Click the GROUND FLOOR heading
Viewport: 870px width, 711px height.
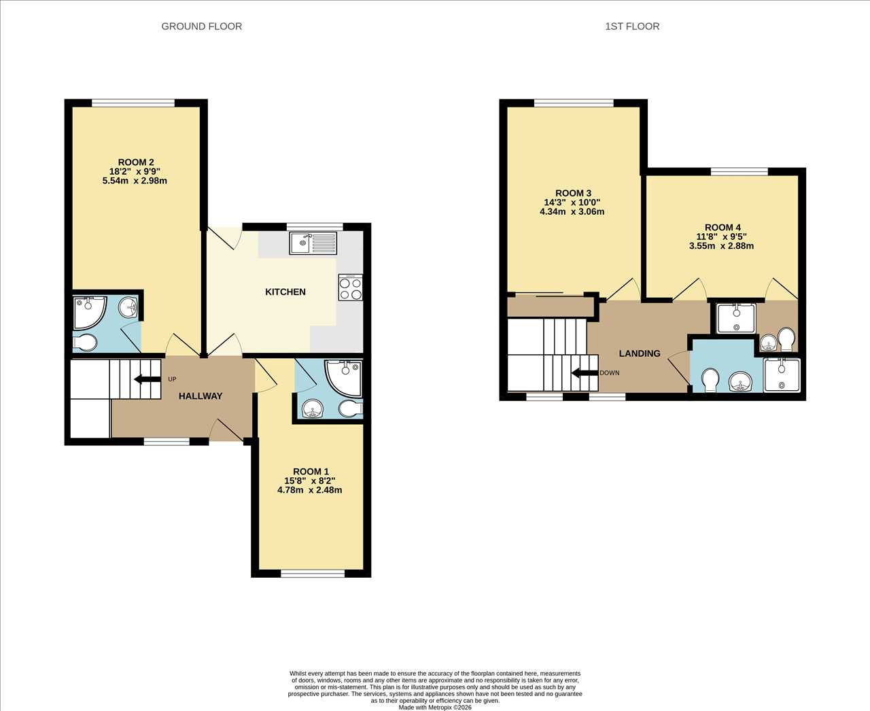[201, 27]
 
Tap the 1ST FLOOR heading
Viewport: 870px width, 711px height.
[632, 27]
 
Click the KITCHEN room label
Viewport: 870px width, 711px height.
[285, 292]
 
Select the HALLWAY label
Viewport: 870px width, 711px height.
[201, 396]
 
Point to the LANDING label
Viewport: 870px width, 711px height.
[640, 353]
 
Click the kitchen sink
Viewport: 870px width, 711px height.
[313, 243]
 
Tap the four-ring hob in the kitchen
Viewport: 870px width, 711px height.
[351, 288]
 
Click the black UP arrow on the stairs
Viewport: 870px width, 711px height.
[147, 379]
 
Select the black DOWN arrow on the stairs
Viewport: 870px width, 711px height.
[585, 373]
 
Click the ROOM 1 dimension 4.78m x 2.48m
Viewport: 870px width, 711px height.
[310, 490]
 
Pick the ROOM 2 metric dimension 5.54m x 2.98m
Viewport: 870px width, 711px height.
[135, 181]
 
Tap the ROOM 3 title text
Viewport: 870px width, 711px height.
[574, 193]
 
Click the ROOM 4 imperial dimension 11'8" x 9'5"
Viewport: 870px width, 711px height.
[722, 237]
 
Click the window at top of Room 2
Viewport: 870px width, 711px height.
[133, 103]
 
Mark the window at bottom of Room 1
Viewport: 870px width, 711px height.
[313, 574]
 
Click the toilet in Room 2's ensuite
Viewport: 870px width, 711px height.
[85, 342]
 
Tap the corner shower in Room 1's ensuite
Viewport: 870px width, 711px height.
[344, 378]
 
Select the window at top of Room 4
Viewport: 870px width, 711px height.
[739, 172]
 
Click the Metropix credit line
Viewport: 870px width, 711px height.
[435, 708]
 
